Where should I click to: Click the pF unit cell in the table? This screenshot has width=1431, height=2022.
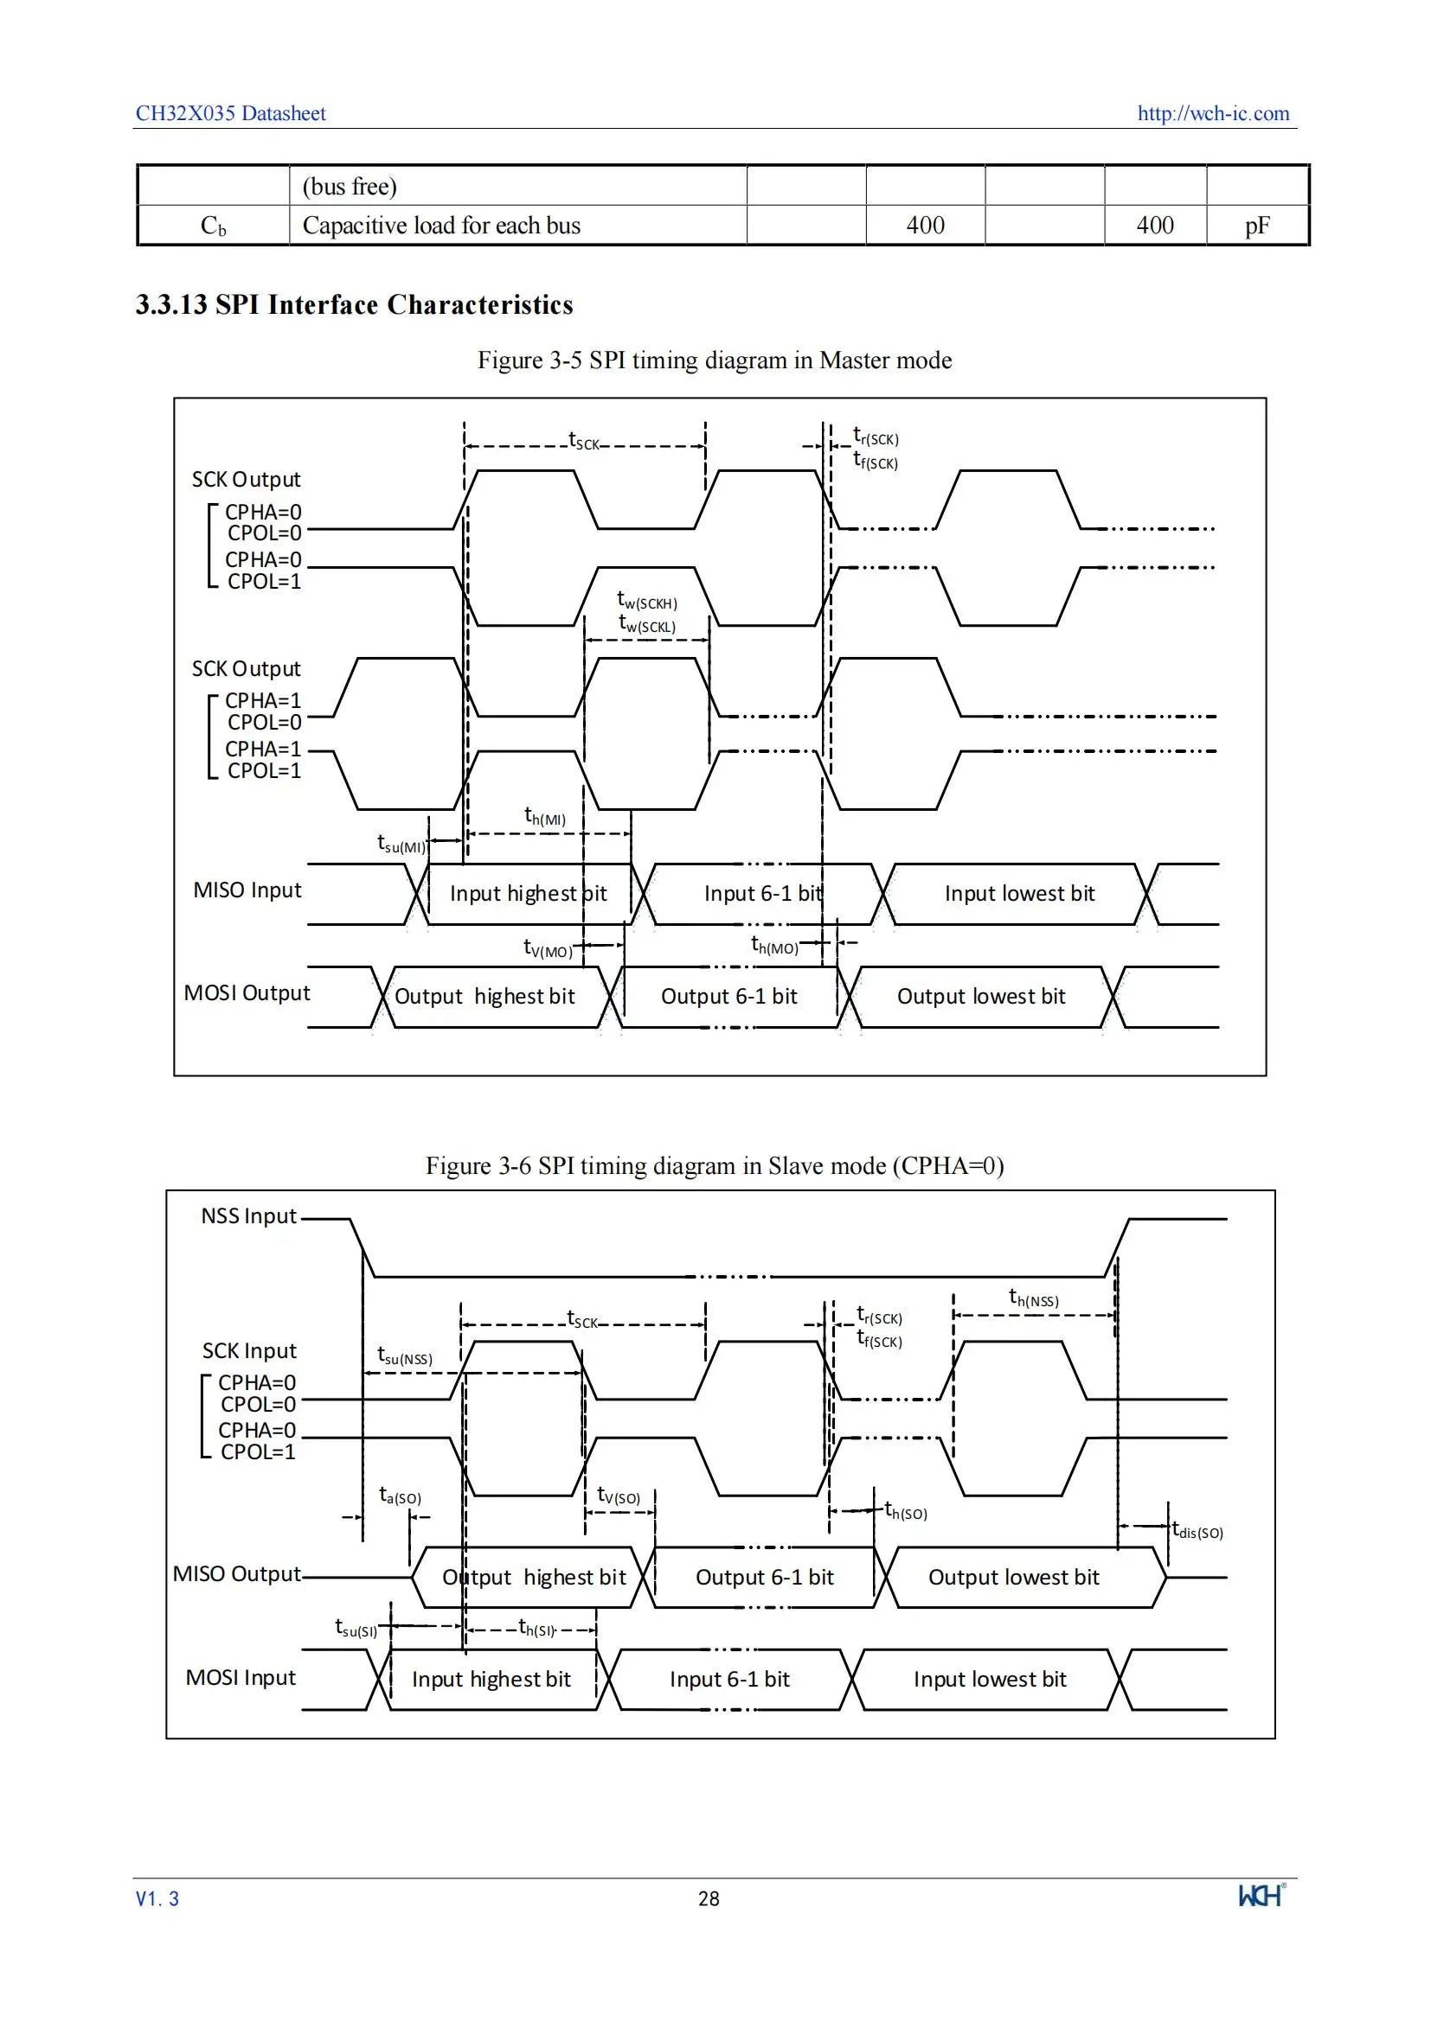[x=1256, y=226]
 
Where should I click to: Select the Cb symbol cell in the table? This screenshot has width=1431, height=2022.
[x=213, y=226]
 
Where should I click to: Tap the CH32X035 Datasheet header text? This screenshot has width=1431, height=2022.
[x=231, y=112]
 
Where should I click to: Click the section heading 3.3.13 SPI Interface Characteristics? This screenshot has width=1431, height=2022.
[x=354, y=303]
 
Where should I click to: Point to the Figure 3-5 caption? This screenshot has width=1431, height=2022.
[x=715, y=360]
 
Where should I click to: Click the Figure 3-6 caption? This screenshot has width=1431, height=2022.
[x=715, y=1165]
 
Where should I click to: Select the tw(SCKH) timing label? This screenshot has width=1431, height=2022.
[x=647, y=601]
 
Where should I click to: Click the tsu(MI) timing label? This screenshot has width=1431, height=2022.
[x=401, y=844]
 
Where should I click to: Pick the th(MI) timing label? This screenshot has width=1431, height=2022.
[x=544, y=816]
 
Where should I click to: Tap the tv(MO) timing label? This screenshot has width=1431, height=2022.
[x=547, y=947]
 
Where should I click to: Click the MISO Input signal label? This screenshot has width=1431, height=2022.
[x=247, y=890]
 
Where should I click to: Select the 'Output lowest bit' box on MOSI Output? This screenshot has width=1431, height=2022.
[x=981, y=997]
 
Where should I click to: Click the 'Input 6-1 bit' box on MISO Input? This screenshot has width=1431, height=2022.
[x=763, y=894]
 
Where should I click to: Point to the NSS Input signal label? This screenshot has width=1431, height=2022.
[x=248, y=1216]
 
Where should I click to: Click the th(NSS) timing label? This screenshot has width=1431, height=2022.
[x=1034, y=1298]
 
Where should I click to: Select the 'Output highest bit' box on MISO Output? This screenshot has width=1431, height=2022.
[x=533, y=1578]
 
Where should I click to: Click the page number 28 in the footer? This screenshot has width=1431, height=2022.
[x=709, y=1898]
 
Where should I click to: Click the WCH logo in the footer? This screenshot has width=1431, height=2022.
[x=1261, y=1895]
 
